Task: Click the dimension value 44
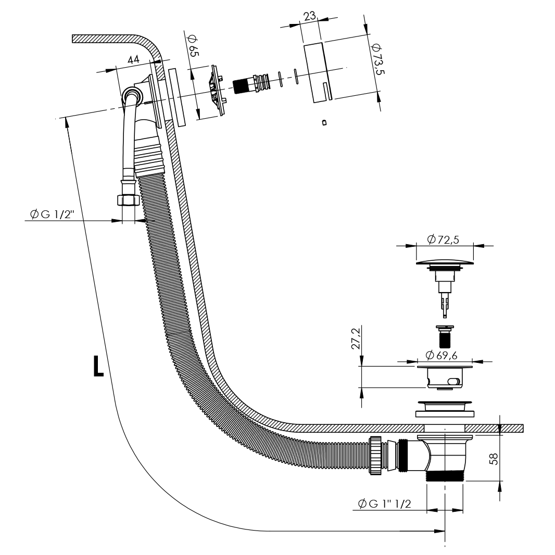133,60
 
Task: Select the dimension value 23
310,16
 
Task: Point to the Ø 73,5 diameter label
378,58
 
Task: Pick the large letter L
98,367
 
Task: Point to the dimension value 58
494,458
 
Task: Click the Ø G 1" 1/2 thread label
385,503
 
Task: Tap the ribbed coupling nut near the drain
375,455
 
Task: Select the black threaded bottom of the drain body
445,475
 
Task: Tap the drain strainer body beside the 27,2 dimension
445,378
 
